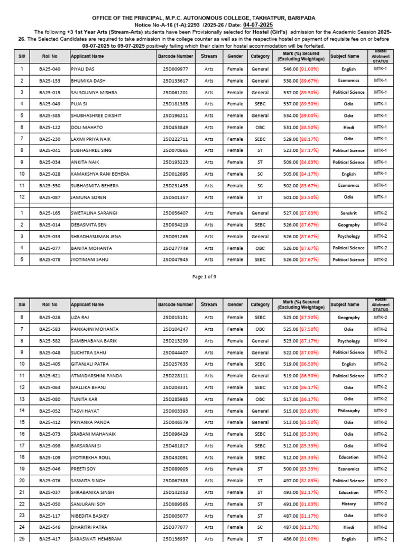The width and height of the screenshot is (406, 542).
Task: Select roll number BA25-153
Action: [50, 80]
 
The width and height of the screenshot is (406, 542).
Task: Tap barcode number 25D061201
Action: [175, 92]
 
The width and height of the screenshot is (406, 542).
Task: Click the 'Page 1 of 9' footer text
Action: [203, 276]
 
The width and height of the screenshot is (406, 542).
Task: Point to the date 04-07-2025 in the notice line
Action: [258, 25]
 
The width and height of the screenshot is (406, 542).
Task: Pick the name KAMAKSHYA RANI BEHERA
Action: [99, 174]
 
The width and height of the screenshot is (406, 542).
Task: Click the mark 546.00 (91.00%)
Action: [301, 69]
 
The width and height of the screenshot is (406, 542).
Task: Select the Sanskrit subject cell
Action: [348, 213]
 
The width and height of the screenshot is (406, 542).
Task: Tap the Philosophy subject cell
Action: [348, 411]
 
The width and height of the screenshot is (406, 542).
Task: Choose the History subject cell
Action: [348, 504]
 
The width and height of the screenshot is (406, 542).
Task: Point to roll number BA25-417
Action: [50, 539]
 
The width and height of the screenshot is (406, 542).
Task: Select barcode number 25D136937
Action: [175, 539]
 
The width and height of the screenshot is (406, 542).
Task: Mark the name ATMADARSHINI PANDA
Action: [96, 376]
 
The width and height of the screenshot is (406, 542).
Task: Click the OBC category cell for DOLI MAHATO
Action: [260, 127]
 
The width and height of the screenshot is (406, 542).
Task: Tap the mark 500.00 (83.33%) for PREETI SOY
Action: [301, 469]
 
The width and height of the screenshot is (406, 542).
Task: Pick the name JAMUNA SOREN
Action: [88, 197]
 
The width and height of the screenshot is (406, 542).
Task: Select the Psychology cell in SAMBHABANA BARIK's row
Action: [348, 341]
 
